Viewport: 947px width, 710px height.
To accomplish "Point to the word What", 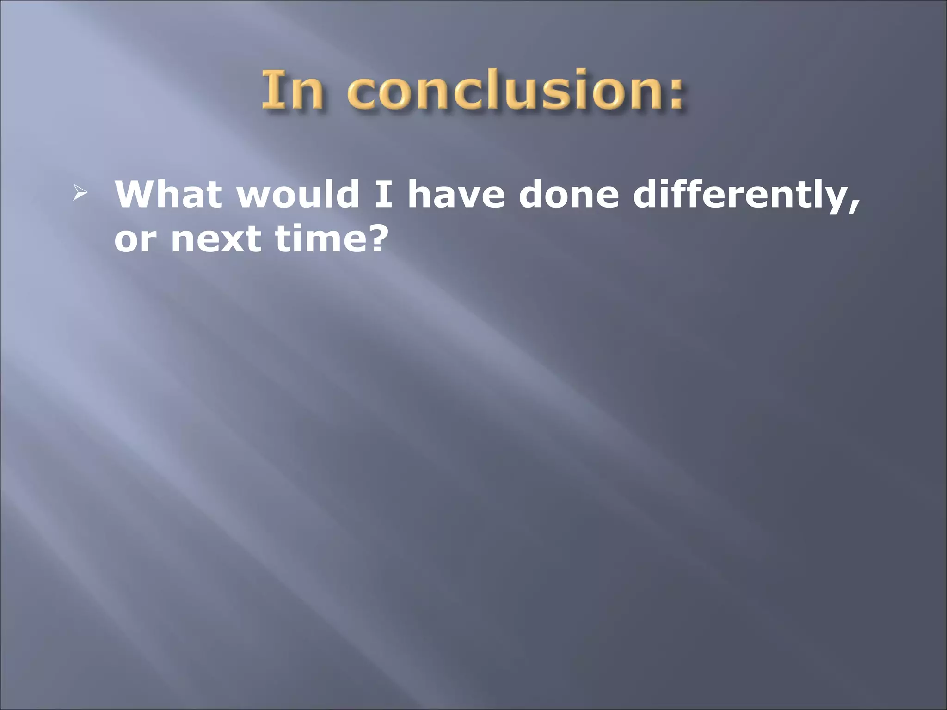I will click(x=169, y=194).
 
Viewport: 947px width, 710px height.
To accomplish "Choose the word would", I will click(x=298, y=194).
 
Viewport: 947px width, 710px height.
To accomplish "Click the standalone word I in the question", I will click(x=383, y=194).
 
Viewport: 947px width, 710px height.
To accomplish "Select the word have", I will click(x=456, y=194).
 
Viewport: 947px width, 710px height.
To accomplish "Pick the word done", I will click(x=568, y=194).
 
